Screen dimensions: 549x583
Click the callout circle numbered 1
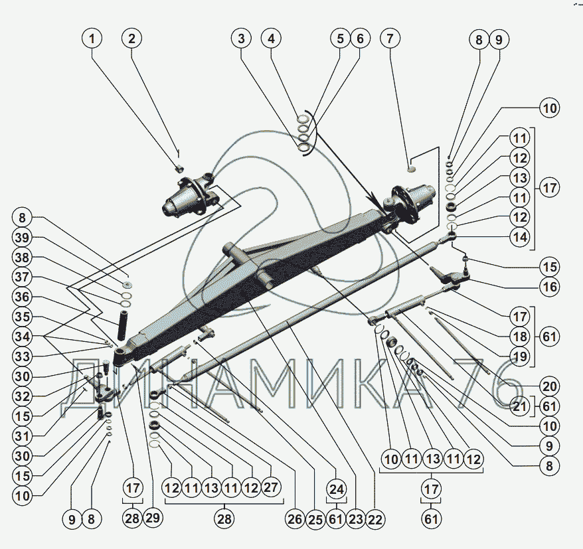tap(93, 39)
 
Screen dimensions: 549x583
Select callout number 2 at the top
tap(132, 39)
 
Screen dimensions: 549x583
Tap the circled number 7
tap(390, 39)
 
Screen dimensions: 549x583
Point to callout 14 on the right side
tap(521, 236)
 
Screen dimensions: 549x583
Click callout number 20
tap(549, 386)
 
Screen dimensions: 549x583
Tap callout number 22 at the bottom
tap(375, 520)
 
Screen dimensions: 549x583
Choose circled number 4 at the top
tap(270, 39)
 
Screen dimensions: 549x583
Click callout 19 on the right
tap(520, 357)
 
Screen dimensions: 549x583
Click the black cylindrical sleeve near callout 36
tap(125, 323)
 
